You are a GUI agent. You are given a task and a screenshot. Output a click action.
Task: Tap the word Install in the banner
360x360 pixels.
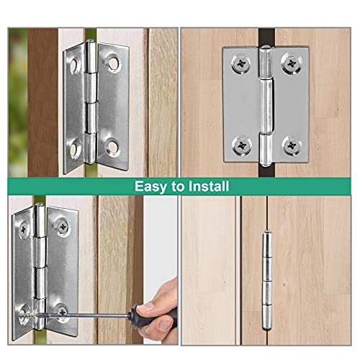[x=204, y=186]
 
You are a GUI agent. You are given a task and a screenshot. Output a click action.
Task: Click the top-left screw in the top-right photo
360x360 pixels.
[x=238, y=65]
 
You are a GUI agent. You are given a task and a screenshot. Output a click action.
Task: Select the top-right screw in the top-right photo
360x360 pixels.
[x=291, y=65]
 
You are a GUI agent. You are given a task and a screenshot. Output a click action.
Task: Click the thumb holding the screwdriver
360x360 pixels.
[x=166, y=306]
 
